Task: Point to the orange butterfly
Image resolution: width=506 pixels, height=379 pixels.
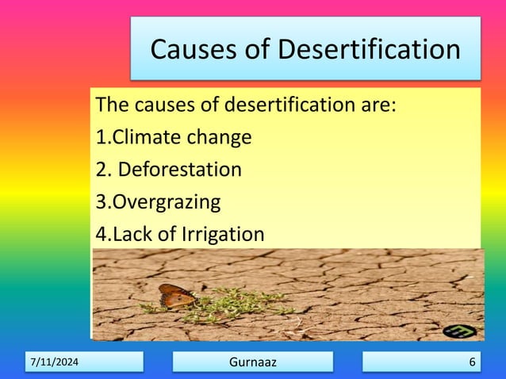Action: [x=176, y=297]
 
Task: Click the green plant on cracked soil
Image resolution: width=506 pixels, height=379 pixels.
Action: [x=230, y=302]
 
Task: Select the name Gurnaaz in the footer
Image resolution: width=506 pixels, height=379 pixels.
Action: [x=253, y=362]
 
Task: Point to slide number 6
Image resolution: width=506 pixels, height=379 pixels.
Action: [x=472, y=362]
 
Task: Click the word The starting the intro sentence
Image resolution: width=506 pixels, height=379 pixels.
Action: [x=111, y=105]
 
